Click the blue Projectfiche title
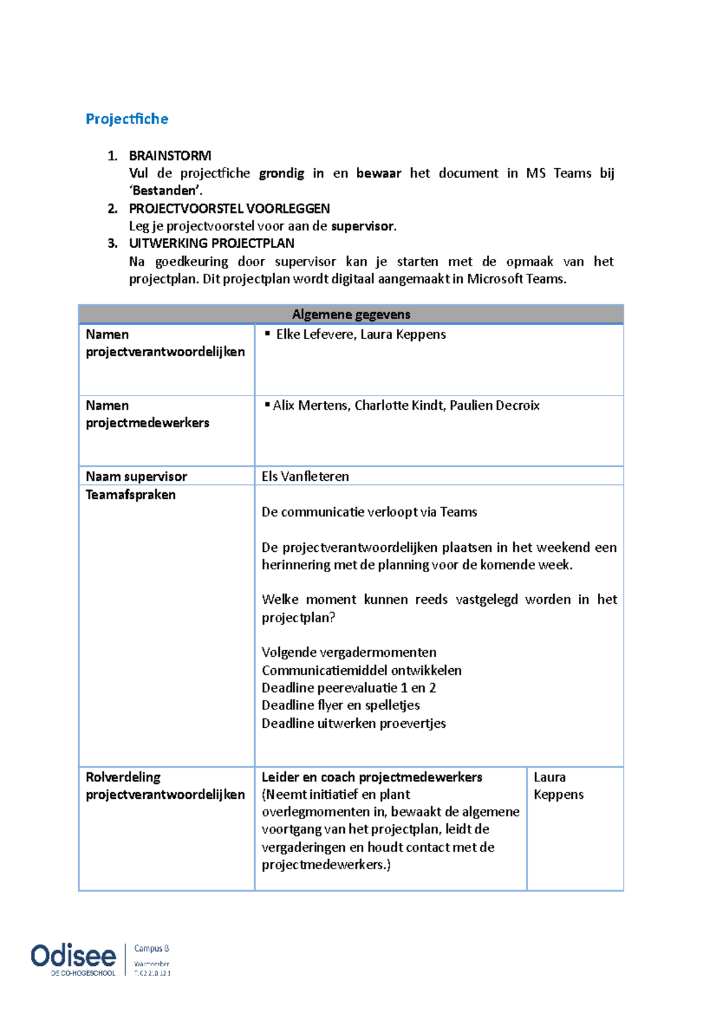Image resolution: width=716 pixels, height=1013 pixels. click(x=126, y=119)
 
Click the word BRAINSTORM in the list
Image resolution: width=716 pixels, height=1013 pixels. click(x=170, y=156)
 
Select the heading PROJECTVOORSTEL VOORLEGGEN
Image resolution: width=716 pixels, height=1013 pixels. click(x=229, y=208)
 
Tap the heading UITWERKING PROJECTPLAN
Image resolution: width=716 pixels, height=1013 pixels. click(x=211, y=243)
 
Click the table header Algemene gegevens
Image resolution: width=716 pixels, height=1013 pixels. click(x=351, y=314)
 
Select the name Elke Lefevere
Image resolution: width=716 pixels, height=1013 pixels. click(x=315, y=334)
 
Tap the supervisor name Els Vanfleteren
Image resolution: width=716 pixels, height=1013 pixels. click(x=305, y=476)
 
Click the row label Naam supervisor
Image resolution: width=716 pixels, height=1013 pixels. click(x=136, y=476)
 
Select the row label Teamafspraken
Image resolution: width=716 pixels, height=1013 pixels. click(x=131, y=495)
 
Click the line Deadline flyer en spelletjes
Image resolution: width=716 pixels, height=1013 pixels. click(x=340, y=705)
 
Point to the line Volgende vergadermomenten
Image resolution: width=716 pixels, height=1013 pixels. click(x=348, y=652)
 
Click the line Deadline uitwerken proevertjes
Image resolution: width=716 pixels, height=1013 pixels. click(x=353, y=723)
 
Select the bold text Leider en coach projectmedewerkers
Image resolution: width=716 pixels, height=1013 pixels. click(x=371, y=777)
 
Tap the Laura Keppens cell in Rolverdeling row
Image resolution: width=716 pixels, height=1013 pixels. click(x=558, y=786)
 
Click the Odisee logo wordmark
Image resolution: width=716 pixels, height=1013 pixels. click(x=73, y=956)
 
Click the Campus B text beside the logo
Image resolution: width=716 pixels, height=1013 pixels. click(x=152, y=948)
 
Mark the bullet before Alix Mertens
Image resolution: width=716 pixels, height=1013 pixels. click(x=267, y=404)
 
